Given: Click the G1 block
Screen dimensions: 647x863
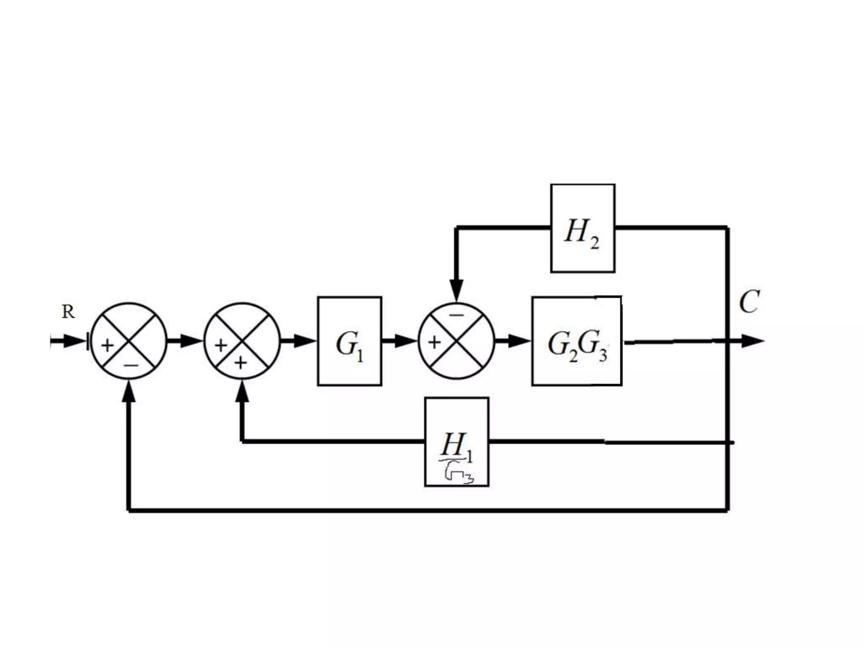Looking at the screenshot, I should pos(349,341).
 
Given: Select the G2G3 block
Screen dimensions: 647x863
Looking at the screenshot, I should pos(576,341).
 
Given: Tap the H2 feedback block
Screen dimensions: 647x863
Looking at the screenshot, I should pos(582,228).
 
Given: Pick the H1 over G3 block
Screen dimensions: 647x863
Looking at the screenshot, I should pos(457,441).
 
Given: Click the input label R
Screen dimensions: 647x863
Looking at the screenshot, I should pos(68,312).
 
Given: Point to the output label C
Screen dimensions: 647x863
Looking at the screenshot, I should pos(749,302).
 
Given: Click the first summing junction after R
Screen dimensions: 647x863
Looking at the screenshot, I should pos(129,341).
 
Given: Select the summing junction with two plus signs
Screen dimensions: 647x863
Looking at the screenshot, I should pos(242,341).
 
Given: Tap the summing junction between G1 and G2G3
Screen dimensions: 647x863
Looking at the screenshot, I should pos(456,341).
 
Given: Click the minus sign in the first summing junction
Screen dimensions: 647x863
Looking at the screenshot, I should pos(130,365).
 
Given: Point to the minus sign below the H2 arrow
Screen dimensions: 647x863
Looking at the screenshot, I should pos(456,315).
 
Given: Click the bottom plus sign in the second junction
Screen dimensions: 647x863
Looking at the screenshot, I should pos(241,363).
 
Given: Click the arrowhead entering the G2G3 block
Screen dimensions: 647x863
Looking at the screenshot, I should pos(519,341).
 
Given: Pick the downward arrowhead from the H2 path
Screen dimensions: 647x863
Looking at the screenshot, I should pos(456,291).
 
